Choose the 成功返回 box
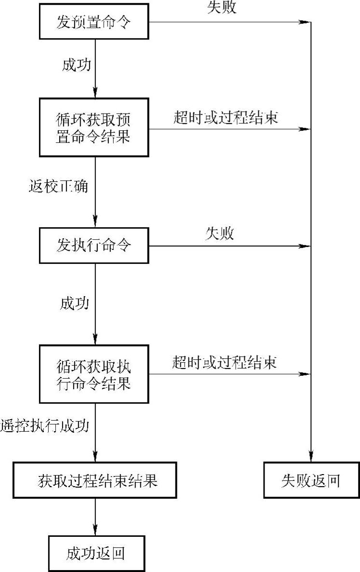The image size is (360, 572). [96, 553]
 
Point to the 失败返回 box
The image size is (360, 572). [311, 480]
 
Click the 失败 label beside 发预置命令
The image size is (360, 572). [222, 8]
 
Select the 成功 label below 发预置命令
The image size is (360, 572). [76, 65]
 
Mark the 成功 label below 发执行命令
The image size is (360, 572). [74, 303]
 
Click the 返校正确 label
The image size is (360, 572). [58, 186]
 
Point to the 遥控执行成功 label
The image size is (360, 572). [44, 426]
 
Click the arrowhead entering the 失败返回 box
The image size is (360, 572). [311, 458]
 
